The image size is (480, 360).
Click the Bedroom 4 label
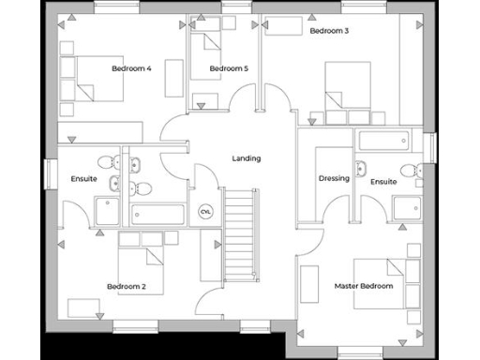coord(131,68)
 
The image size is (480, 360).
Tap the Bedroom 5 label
coord(229,68)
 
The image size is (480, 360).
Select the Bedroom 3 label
coord(329,31)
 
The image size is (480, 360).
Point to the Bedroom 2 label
coord(126,286)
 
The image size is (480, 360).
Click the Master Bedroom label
coord(364,285)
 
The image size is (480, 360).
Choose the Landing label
coord(247,158)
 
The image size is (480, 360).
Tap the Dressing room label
coord(334,178)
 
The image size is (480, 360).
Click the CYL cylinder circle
coord(206,212)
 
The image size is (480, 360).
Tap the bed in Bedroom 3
coord(347,86)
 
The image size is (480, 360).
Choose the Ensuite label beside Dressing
coord(382,182)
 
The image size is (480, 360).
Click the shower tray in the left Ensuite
coord(107,212)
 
